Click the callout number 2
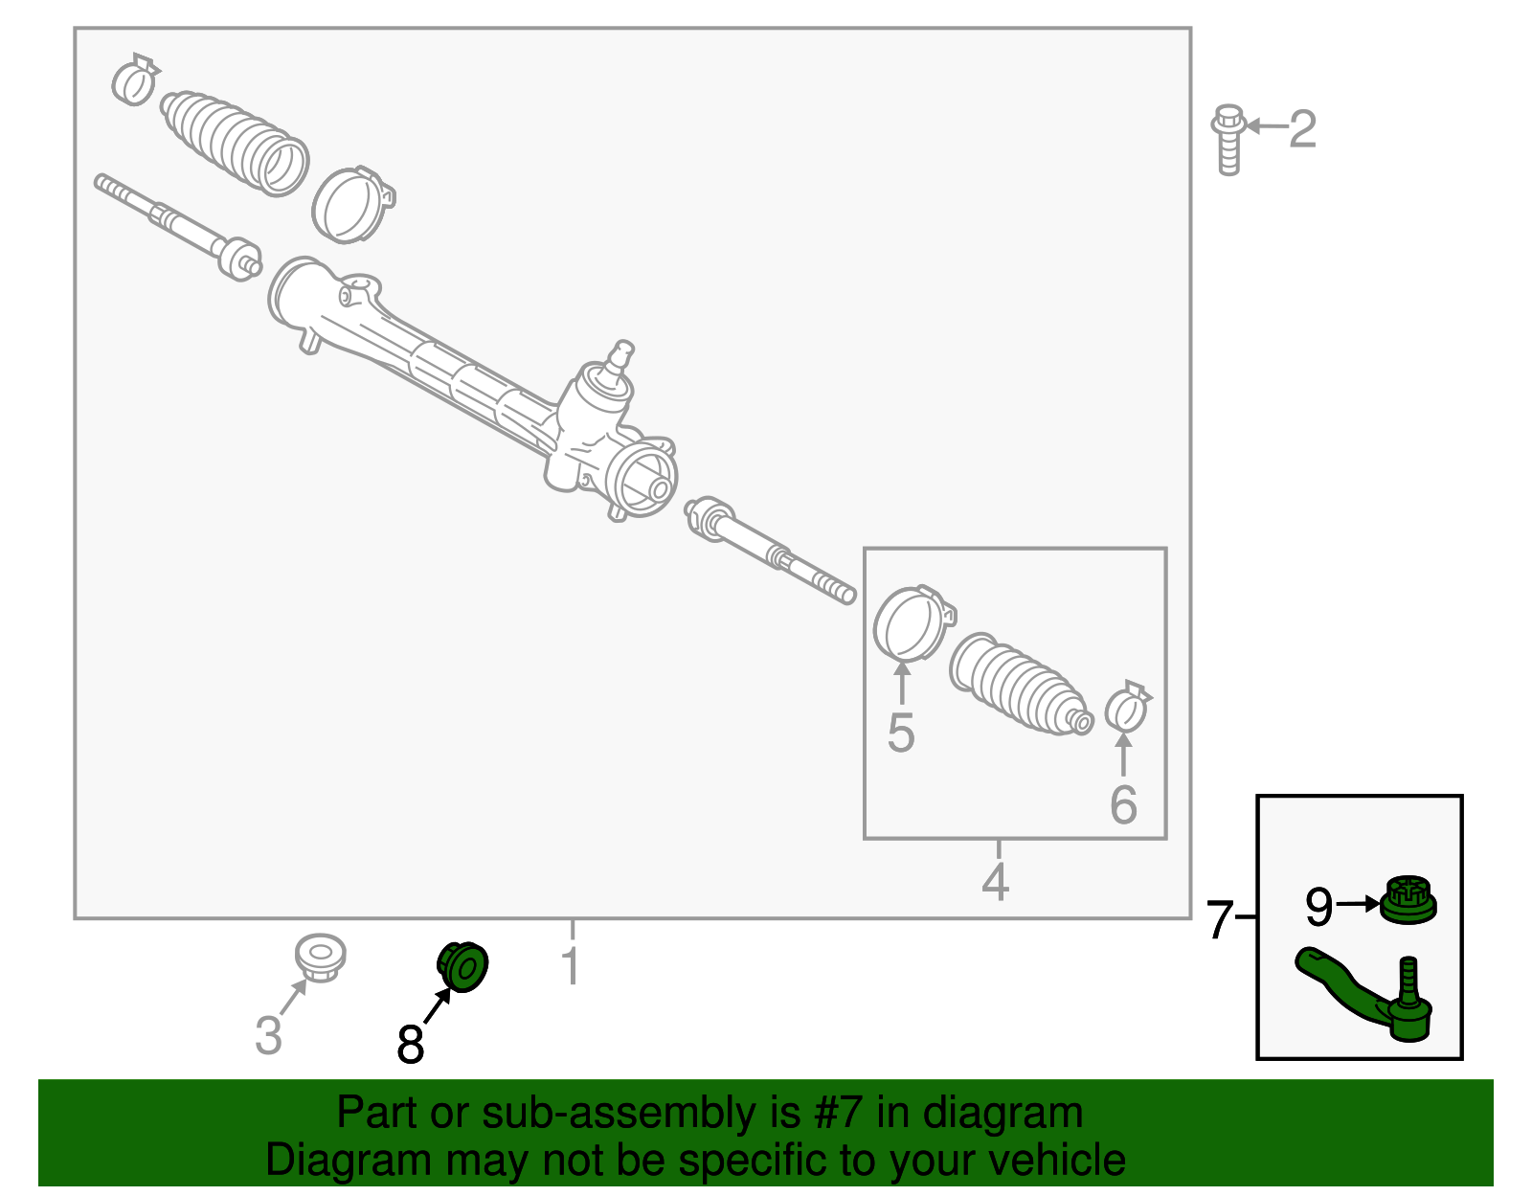[x=1302, y=128]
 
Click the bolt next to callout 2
[x=1228, y=140]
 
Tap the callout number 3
[x=268, y=1035]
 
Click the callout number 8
[x=410, y=1044]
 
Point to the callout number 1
[x=571, y=965]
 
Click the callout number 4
[x=996, y=881]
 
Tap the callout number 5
[x=900, y=733]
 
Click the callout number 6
[x=1123, y=804]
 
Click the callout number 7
[x=1218, y=919]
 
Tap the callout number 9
[x=1318, y=906]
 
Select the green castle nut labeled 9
[x=1409, y=900]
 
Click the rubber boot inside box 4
[x=1018, y=685]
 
